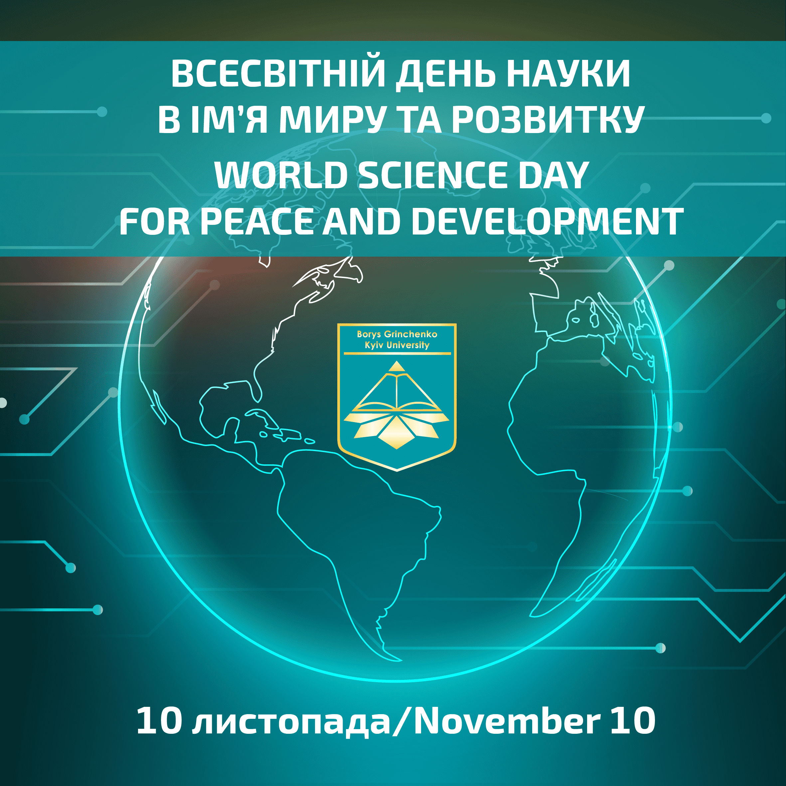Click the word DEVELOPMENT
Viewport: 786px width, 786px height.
tap(548, 222)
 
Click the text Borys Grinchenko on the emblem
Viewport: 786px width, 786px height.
tap(397, 334)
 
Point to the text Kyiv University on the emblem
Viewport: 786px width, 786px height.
tap(397, 345)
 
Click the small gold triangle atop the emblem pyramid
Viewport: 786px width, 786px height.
tap(397, 367)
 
